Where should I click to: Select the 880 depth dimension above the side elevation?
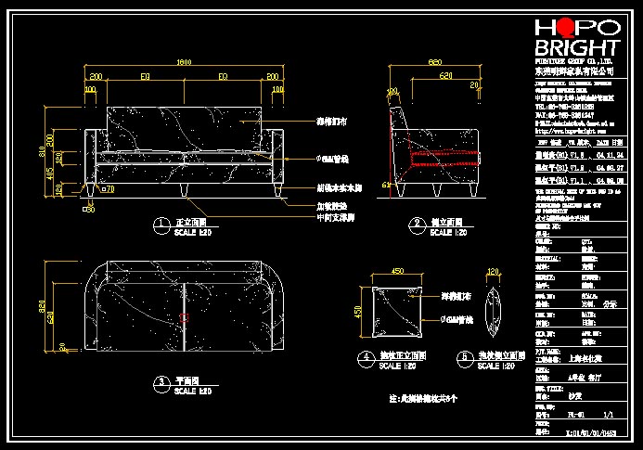point(433,62)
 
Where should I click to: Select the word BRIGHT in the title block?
point(576,48)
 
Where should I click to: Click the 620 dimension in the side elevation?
point(446,74)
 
